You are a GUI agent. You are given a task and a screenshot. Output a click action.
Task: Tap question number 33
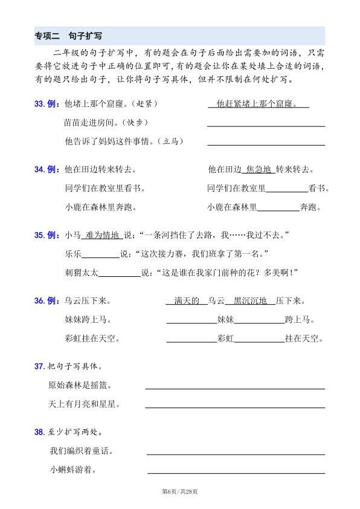click(x=40, y=104)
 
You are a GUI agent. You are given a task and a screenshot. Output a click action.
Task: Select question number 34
click(x=40, y=169)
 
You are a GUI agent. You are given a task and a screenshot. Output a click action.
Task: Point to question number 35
click(x=40, y=234)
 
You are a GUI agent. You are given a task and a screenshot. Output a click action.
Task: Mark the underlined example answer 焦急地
click(x=259, y=169)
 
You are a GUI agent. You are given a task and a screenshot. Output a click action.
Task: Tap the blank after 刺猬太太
click(x=119, y=273)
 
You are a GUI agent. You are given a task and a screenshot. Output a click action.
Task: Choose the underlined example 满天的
click(x=186, y=301)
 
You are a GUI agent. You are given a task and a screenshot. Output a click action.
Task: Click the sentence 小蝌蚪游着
click(x=73, y=470)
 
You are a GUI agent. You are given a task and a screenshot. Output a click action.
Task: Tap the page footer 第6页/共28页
click(x=180, y=491)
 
